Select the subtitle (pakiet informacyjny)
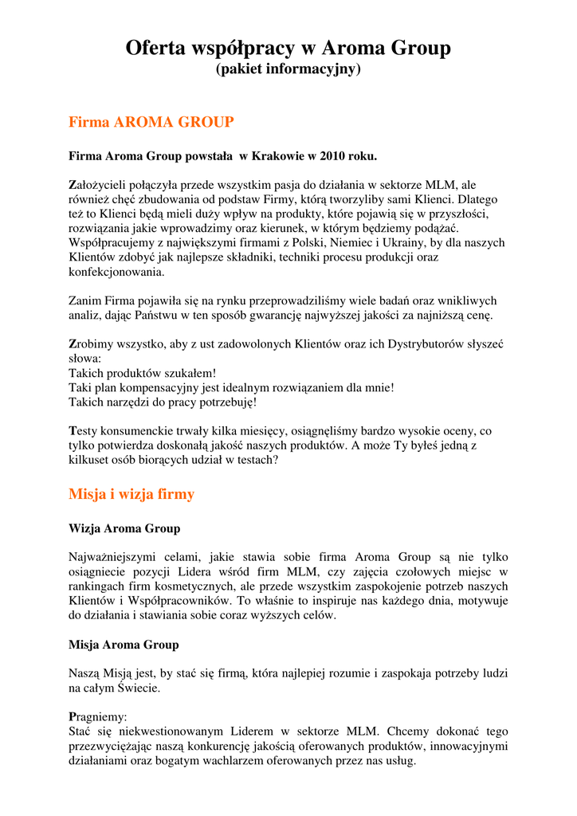coord(288,70)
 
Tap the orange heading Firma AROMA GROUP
coord(151,123)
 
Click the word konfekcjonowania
coord(117,272)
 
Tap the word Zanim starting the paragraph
coord(85,300)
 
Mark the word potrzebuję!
coord(223,402)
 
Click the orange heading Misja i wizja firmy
coord(131,494)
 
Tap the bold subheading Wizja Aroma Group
coord(124,528)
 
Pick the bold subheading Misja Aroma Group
coord(124,644)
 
